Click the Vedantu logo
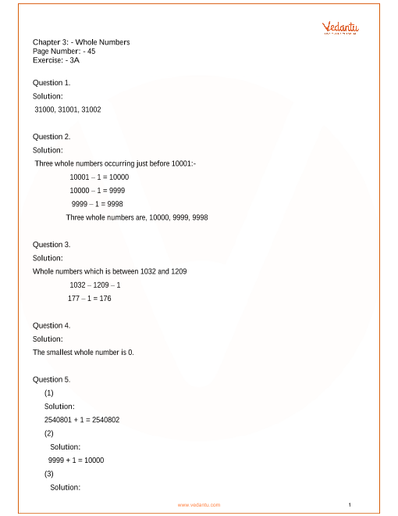tap(340, 28)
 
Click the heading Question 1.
tap(52, 82)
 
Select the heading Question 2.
tap(52, 136)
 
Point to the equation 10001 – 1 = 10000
tap(99, 177)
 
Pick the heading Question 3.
tap(52, 244)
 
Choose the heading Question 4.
tap(52, 325)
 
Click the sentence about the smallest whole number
tap(84, 352)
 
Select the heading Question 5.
tap(52, 379)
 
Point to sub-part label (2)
tap(49, 433)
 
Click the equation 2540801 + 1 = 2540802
tap(82, 420)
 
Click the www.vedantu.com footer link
tap(199, 505)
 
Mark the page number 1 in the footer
tap(350, 504)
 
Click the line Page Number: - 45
tap(64, 50)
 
